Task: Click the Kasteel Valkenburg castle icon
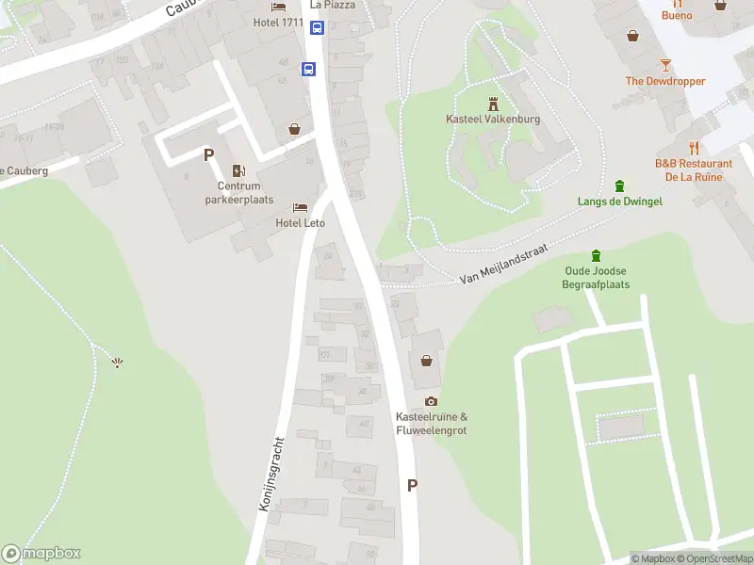(x=492, y=103)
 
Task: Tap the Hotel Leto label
(x=300, y=223)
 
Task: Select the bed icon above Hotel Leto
(x=300, y=207)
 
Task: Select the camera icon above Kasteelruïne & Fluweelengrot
(x=431, y=402)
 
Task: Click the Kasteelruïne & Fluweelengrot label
(x=431, y=424)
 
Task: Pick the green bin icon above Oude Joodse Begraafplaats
(x=596, y=255)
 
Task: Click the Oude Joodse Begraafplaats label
(x=596, y=278)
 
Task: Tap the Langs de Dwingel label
(x=619, y=202)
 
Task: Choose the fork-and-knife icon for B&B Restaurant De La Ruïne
(x=694, y=148)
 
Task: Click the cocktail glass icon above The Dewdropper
(x=665, y=65)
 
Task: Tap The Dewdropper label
(x=665, y=82)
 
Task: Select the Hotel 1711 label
(x=278, y=23)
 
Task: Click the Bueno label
(x=677, y=15)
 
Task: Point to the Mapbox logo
(x=41, y=554)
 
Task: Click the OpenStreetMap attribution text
(x=717, y=559)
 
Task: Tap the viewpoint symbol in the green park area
(x=117, y=363)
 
